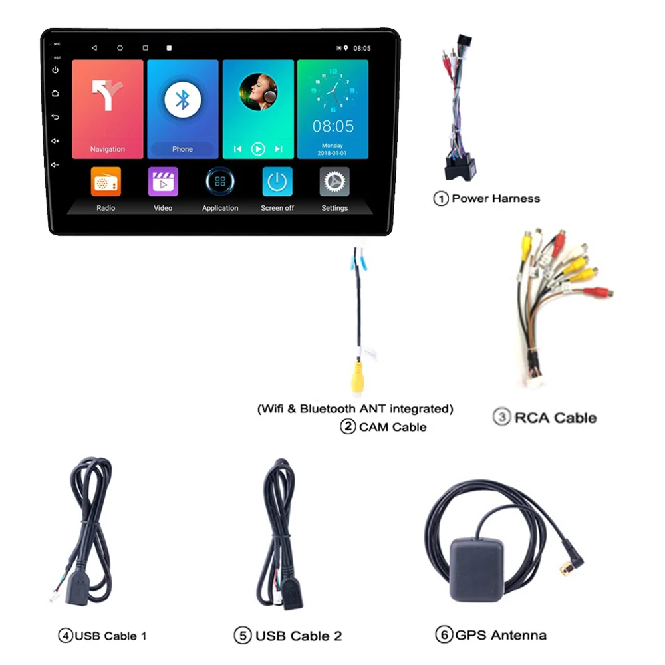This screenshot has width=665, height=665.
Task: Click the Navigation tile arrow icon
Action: point(107,96)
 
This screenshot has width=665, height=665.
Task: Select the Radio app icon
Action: point(106,182)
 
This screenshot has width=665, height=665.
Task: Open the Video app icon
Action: point(163,182)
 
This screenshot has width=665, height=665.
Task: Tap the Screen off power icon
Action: point(277,182)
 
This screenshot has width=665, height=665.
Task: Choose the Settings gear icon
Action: point(334,182)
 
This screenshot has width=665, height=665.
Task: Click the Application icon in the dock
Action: point(220,182)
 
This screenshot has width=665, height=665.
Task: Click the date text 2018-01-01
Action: point(332,153)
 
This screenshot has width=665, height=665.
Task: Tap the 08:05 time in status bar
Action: point(362,49)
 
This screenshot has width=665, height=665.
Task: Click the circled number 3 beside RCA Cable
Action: point(501,418)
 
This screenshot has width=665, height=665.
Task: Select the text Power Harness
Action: point(495,198)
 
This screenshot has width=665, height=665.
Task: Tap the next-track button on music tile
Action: point(279,149)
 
